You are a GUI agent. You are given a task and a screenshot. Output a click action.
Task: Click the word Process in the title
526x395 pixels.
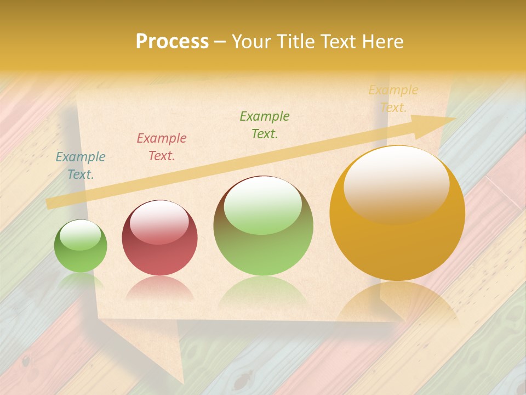tap(172, 41)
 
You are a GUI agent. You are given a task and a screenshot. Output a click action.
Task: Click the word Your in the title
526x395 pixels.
tap(252, 41)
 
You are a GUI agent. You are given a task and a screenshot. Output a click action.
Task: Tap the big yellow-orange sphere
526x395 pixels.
tap(397, 241)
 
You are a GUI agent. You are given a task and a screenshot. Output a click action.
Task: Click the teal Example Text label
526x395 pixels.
tap(81, 166)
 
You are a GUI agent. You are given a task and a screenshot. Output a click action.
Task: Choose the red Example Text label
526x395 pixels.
tap(162, 147)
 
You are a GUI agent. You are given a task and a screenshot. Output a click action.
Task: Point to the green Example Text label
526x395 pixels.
tap(265, 125)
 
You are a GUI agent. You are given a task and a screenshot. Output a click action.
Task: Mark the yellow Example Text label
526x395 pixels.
tap(393, 99)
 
